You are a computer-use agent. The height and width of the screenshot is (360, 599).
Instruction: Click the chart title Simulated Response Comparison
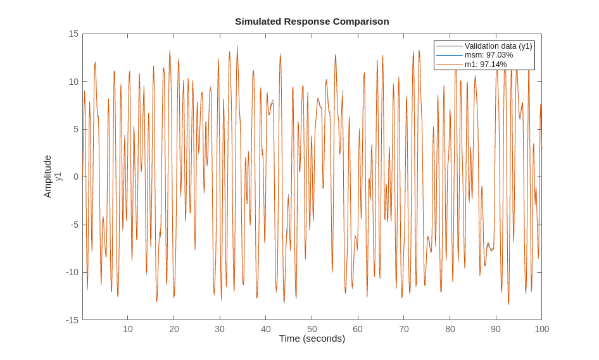[x=312, y=22]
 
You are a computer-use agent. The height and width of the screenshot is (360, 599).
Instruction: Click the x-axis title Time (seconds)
[x=312, y=338]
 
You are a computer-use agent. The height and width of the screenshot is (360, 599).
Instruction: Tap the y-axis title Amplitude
[x=47, y=177]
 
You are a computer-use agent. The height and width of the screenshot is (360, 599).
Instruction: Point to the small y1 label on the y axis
[x=58, y=177]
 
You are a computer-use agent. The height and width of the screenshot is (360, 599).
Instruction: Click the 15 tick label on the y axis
[x=73, y=34]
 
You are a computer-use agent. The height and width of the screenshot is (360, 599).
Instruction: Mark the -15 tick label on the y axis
[x=72, y=320]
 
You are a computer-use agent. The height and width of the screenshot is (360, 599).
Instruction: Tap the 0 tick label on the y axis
[x=76, y=177]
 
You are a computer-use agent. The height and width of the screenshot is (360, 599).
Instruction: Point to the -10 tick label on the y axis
[x=72, y=272]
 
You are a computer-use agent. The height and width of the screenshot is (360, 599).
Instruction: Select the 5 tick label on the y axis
[x=76, y=129]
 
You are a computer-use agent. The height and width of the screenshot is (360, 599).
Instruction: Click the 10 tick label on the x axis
[x=128, y=329]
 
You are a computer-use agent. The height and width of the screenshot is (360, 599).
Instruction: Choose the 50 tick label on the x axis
[x=312, y=329]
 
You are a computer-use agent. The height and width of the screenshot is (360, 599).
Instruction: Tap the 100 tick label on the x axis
[x=541, y=329]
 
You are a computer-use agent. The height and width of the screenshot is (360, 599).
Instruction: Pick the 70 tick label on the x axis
[x=404, y=329]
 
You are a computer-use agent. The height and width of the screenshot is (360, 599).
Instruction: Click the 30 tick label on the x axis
[x=220, y=329]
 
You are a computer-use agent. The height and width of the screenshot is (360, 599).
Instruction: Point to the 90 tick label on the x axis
[x=496, y=329]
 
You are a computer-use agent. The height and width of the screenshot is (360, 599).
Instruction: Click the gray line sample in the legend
[x=449, y=46]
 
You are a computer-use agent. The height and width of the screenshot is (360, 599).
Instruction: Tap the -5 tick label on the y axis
[x=74, y=225]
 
